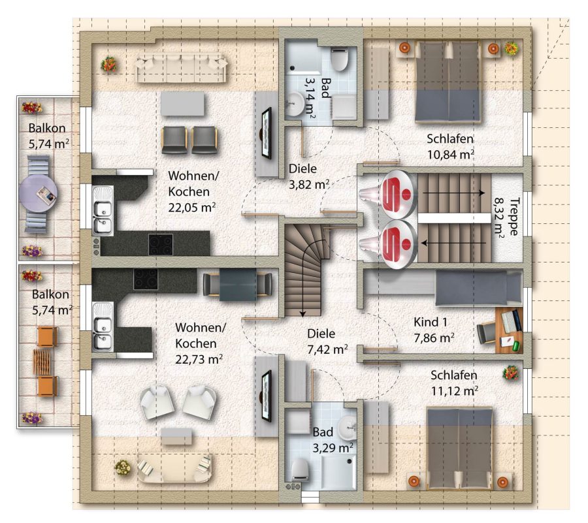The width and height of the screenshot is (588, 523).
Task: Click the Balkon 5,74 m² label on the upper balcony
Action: [48, 136]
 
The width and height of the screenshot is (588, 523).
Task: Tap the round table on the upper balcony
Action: [39, 195]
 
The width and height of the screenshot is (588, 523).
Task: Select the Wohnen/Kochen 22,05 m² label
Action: [193, 191]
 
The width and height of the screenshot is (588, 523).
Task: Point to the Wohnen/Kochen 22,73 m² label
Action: [200, 343]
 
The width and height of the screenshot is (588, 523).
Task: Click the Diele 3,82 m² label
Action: [308, 176]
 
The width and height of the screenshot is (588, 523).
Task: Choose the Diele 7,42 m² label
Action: [327, 341]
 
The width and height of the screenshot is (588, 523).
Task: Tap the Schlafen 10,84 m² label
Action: [450, 146]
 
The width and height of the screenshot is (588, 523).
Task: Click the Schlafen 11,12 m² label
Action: [454, 383]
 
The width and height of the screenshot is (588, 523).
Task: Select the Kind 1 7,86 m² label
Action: [434, 330]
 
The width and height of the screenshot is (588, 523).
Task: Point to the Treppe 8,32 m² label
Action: [506, 217]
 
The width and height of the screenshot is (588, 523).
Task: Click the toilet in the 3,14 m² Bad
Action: [340, 59]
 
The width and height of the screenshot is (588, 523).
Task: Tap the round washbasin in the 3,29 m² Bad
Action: [348, 428]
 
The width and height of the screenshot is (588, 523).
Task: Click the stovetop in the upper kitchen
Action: [161, 244]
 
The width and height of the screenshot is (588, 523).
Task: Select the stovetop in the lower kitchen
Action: [146, 279]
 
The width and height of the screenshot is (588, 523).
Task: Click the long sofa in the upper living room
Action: [182, 68]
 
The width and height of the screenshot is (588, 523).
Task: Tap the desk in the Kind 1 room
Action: [509, 330]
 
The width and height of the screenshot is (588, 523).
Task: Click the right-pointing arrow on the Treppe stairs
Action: [454, 193]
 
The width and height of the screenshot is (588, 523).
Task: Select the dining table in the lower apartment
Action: [238, 285]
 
